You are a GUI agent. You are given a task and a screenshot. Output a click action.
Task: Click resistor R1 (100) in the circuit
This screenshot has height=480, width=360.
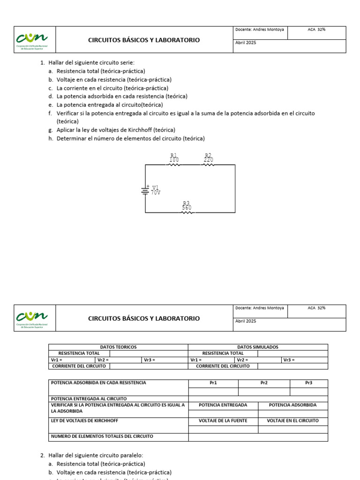174,164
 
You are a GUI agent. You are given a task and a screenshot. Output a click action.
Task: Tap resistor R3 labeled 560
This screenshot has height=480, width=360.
187,212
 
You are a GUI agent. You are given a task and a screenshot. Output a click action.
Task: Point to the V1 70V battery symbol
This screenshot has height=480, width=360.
145,190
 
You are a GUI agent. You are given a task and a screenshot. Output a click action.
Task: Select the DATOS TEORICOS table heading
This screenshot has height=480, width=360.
118,347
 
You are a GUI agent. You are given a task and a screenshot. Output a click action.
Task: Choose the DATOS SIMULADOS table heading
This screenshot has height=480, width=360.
258,347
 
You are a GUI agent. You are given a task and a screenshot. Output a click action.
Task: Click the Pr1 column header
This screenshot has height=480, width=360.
213,383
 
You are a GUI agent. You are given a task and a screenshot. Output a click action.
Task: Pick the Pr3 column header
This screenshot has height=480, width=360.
308,383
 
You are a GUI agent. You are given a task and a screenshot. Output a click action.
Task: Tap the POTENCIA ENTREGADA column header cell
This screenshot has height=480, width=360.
223,405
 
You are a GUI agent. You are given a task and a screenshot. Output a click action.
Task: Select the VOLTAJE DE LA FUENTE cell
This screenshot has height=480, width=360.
223,421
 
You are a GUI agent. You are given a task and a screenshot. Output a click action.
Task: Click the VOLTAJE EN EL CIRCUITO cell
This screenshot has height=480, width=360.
292,421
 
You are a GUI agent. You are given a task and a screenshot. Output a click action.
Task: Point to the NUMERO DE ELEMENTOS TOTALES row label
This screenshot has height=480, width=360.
102,436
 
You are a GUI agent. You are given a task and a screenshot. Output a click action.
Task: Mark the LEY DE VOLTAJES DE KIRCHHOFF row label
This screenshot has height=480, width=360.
84,421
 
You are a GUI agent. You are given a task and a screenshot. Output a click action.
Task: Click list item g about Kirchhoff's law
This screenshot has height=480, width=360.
116,130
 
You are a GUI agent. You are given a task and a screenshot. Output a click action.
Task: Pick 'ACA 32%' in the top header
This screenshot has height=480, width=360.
316,30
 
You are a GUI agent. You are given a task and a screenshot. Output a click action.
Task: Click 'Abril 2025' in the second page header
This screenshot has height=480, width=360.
246,321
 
